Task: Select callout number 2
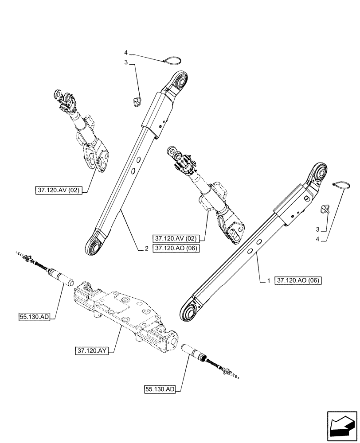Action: pos(146,249)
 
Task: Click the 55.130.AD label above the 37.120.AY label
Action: pos(35,316)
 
